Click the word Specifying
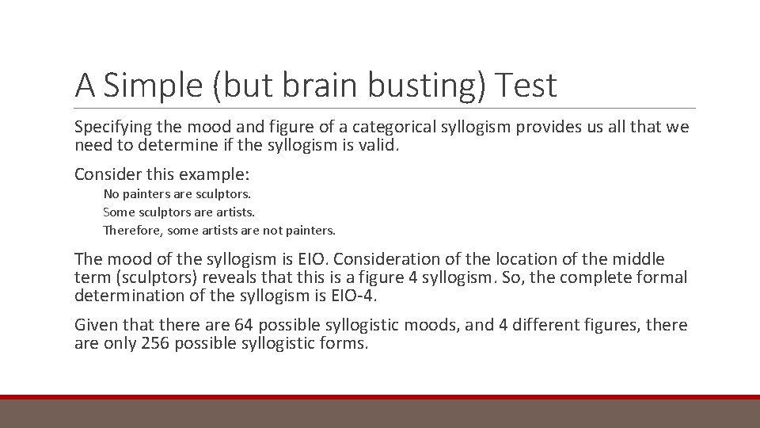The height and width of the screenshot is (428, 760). coord(112,128)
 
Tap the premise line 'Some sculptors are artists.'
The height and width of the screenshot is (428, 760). coord(179,212)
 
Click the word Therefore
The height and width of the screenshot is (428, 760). coord(131,231)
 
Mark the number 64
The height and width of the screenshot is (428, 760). coord(243,325)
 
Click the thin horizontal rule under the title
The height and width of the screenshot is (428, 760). coord(385,109)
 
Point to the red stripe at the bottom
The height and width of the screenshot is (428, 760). coord(380,397)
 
